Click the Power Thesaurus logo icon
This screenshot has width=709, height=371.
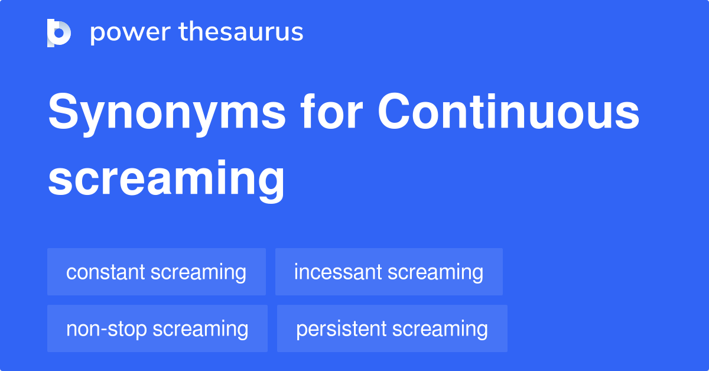[x=59, y=32]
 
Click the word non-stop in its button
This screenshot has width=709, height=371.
[x=107, y=329]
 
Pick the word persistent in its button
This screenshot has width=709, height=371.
[x=341, y=329]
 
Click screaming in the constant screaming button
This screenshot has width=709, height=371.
[x=199, y=272]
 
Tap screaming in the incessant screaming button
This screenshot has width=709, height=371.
[x=435, y=272]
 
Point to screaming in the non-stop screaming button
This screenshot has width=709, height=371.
[x=200, y=329]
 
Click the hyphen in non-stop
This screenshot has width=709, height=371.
[x=106, y=330]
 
